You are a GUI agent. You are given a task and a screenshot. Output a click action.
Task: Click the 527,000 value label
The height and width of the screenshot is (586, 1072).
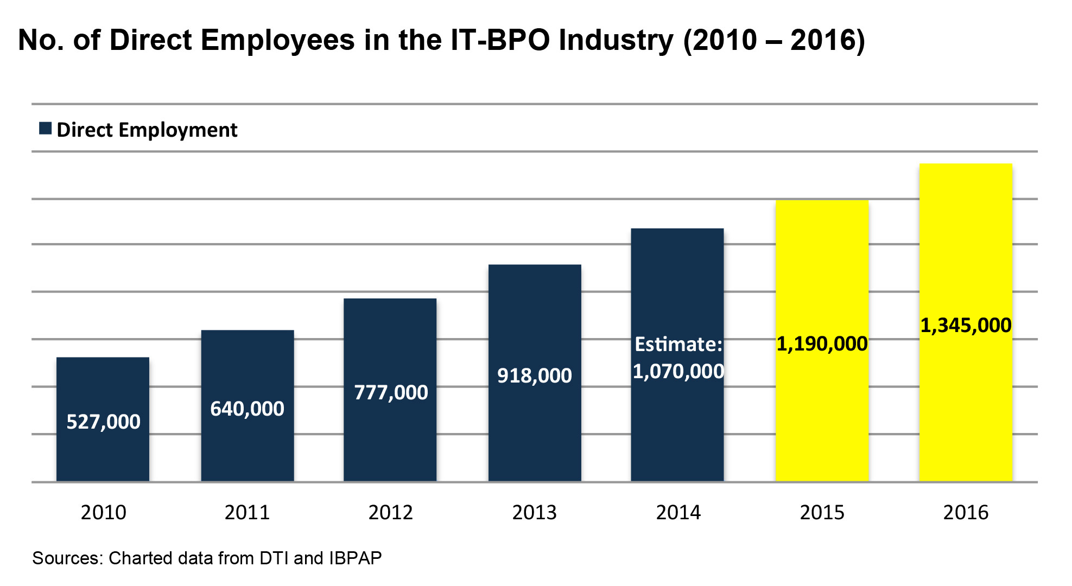click(x=103, y=422)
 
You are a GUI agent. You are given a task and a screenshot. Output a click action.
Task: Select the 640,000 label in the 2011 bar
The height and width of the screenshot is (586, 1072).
click(x=247, y=409)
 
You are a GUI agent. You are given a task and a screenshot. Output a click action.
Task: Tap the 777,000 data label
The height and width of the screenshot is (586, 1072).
click(x=391, y=392)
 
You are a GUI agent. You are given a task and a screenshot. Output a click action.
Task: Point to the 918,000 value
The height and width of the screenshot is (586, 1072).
click(x=535, y=375)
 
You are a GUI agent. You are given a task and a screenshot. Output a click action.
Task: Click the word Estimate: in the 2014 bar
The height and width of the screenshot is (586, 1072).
click(x=678, y=344)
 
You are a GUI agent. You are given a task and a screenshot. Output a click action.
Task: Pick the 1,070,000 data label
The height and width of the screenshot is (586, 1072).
click(x=678, y=372)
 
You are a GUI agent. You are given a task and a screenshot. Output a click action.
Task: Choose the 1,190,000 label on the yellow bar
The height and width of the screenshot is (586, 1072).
click(x=822, y=343)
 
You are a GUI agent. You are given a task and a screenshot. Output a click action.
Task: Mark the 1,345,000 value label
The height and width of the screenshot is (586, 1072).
click(x=966, y=326)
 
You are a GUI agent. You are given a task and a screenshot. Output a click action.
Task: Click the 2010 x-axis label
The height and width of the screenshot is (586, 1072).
click(x=103, y=512)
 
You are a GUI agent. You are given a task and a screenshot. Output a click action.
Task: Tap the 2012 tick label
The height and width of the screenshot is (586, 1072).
click(x=391, y=512)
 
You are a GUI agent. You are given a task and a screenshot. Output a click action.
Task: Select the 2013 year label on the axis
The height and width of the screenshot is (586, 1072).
click(x=535, y=512)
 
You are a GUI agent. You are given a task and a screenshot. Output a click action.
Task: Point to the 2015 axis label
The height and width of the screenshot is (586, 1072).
click(x=822, y=512)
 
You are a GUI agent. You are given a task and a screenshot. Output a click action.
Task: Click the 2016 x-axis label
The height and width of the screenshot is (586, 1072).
click(x=966, y=512)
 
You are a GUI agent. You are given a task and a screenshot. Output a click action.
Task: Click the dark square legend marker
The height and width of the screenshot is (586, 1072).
click(x=46, y=129)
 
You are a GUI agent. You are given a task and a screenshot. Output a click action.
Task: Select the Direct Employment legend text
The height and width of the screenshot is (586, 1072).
click(x=147, y=130)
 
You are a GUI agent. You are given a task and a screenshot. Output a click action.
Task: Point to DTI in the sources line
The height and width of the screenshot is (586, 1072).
click(x=274, y=558)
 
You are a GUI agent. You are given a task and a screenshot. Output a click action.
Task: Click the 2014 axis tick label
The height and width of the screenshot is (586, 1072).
click(x=678, y=512)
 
